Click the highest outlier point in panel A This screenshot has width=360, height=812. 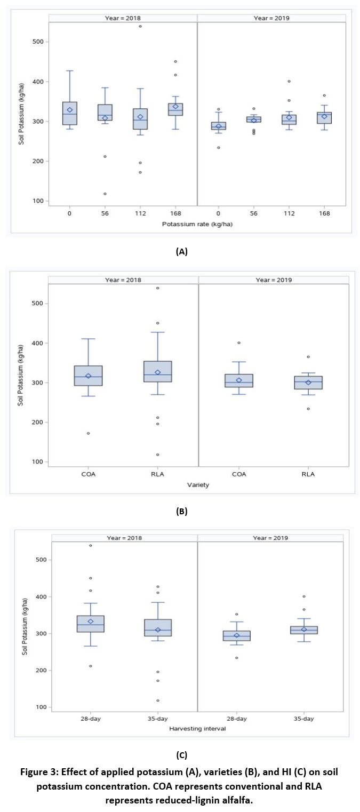[140, 26]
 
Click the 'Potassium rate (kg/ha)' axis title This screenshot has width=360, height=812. [197, 225]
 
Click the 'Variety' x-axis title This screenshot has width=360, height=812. [197, 484]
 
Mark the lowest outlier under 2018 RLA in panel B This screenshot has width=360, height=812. [158, 455]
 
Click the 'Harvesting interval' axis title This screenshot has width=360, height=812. [197, 728]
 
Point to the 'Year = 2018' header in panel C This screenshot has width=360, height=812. [124, 538]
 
